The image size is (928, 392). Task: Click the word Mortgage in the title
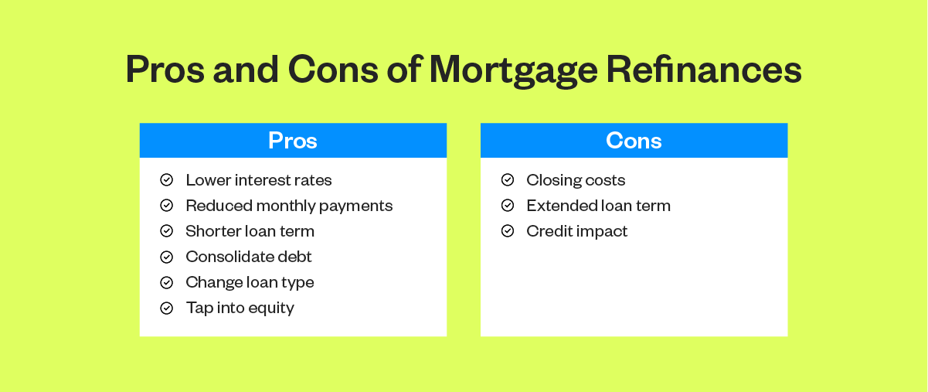514,71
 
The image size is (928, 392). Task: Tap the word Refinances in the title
704,69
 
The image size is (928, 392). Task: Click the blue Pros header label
293,141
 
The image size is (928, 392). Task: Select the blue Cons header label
634,141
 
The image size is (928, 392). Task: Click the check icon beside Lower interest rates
167,180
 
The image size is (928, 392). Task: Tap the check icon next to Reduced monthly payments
167,206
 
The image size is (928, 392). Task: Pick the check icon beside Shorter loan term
167,231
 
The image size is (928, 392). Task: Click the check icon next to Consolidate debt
167,257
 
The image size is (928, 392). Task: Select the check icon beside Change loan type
167,283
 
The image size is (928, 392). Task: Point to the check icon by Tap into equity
167,308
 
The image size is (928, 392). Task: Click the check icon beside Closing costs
508,180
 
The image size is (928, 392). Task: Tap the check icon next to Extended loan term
508,206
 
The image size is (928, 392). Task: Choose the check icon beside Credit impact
508,231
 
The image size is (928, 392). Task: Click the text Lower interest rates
259,180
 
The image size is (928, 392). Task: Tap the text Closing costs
576,180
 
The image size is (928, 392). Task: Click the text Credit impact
577,232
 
